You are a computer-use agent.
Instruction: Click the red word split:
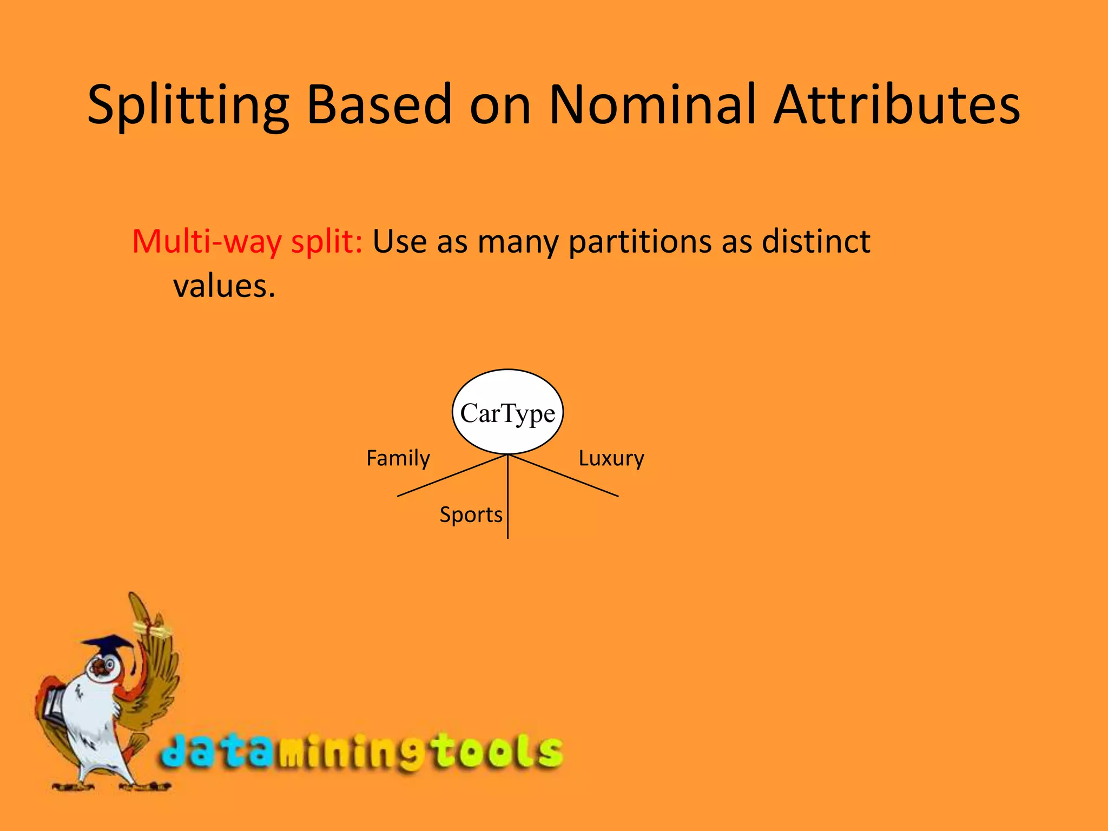tap(327, 242)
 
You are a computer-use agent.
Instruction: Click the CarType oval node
tap(507, 412)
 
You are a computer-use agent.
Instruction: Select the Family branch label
tap(398, 459)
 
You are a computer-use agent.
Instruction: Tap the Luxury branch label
tap(611, 459)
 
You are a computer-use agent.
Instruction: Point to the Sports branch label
tap(471, 515)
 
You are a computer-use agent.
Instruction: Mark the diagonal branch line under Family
tap(452, 476)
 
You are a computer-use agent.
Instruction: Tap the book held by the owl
tap(54, 703)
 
